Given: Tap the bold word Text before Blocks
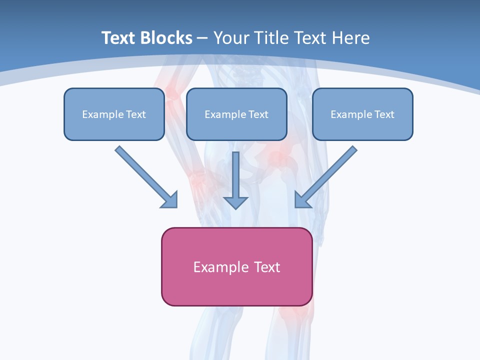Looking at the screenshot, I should tap(120, 38).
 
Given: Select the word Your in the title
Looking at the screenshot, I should tap(230, 38).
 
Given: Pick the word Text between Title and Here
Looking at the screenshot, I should tap(310, 38).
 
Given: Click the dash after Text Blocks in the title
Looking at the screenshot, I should tap(202, 38).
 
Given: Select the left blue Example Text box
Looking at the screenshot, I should tap(114, 114).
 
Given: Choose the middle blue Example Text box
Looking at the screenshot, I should tap(236, 114).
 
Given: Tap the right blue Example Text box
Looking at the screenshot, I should tap(362, 114).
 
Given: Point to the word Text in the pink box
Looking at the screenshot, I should tap(267, 267).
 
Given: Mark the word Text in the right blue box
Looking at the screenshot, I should tap(384, 114).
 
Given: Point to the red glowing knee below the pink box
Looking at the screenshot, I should tap(295, 315).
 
